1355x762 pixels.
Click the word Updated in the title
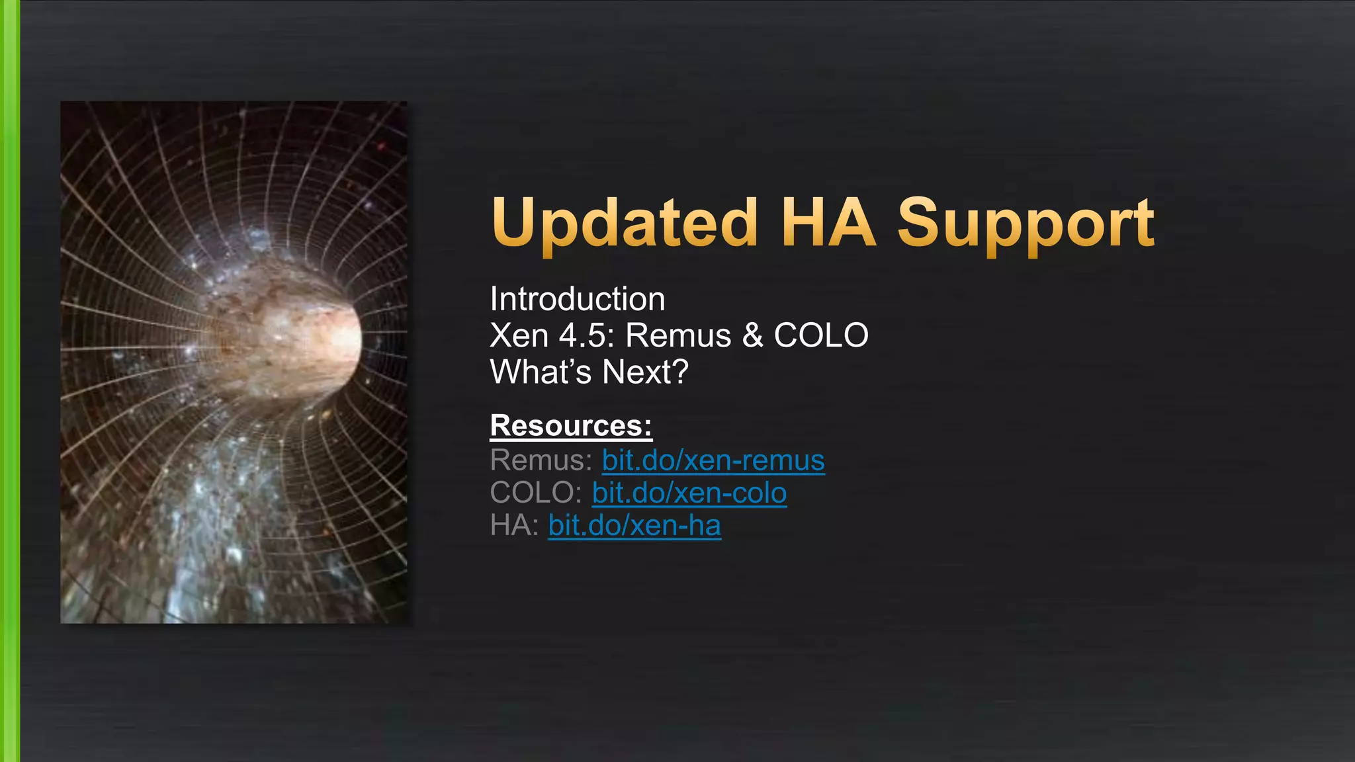click(x=625, y=224)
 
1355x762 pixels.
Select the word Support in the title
click(x=1026, y=224)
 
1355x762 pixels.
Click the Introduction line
click(x=578, y=299)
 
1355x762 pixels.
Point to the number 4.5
click(x=582, y=335)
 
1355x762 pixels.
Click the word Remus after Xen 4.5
click(x=678, y=335)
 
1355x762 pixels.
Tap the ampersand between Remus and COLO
click(x=752, y=335)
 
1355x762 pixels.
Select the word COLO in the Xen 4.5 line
click(x=821, y=335)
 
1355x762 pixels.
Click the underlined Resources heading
click(x=571, y=425)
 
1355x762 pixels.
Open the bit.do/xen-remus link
click(x=713, y=460)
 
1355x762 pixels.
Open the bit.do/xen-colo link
click(x=689, y=493)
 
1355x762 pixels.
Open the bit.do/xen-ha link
click(x=634, y=526)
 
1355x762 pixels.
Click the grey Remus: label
click(x=541, y=460)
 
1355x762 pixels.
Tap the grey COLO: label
click(x=536, y=493)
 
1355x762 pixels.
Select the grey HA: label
click(x=514, y=526)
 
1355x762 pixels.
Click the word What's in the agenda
click(x=541, y=372)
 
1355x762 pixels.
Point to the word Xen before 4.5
click(x=519, y=335)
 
